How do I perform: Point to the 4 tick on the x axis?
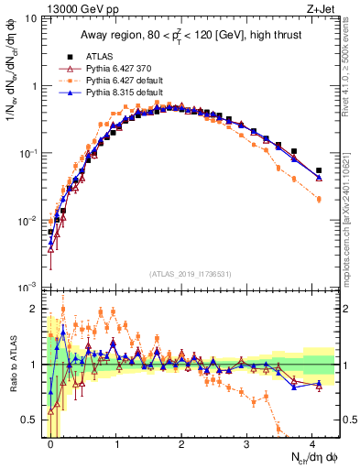[312, 443]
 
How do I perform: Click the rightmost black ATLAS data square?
[319, 170]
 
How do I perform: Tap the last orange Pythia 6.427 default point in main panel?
[319, 224]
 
